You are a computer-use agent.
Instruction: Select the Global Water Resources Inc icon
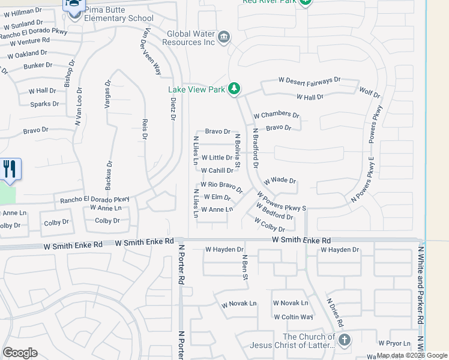[x=223, y=37]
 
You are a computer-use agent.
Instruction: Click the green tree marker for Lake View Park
[x=234, y=89]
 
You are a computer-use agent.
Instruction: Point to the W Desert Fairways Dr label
[x=309, y=80]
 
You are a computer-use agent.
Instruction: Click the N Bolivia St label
[x=237, y=151]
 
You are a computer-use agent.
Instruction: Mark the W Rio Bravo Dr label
[x=221, y=186]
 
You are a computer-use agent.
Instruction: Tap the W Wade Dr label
[x=280, y=181]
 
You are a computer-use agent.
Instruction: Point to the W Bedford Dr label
[x=274, y=212]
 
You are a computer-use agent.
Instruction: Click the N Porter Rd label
[x=181, y=264]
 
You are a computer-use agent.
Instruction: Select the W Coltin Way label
[x=293, y=317]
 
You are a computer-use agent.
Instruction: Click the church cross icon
[x=344, y=341]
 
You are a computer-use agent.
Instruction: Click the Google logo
[x=20, y=352]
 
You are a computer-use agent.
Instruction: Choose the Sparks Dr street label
[x=45, y=104]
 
